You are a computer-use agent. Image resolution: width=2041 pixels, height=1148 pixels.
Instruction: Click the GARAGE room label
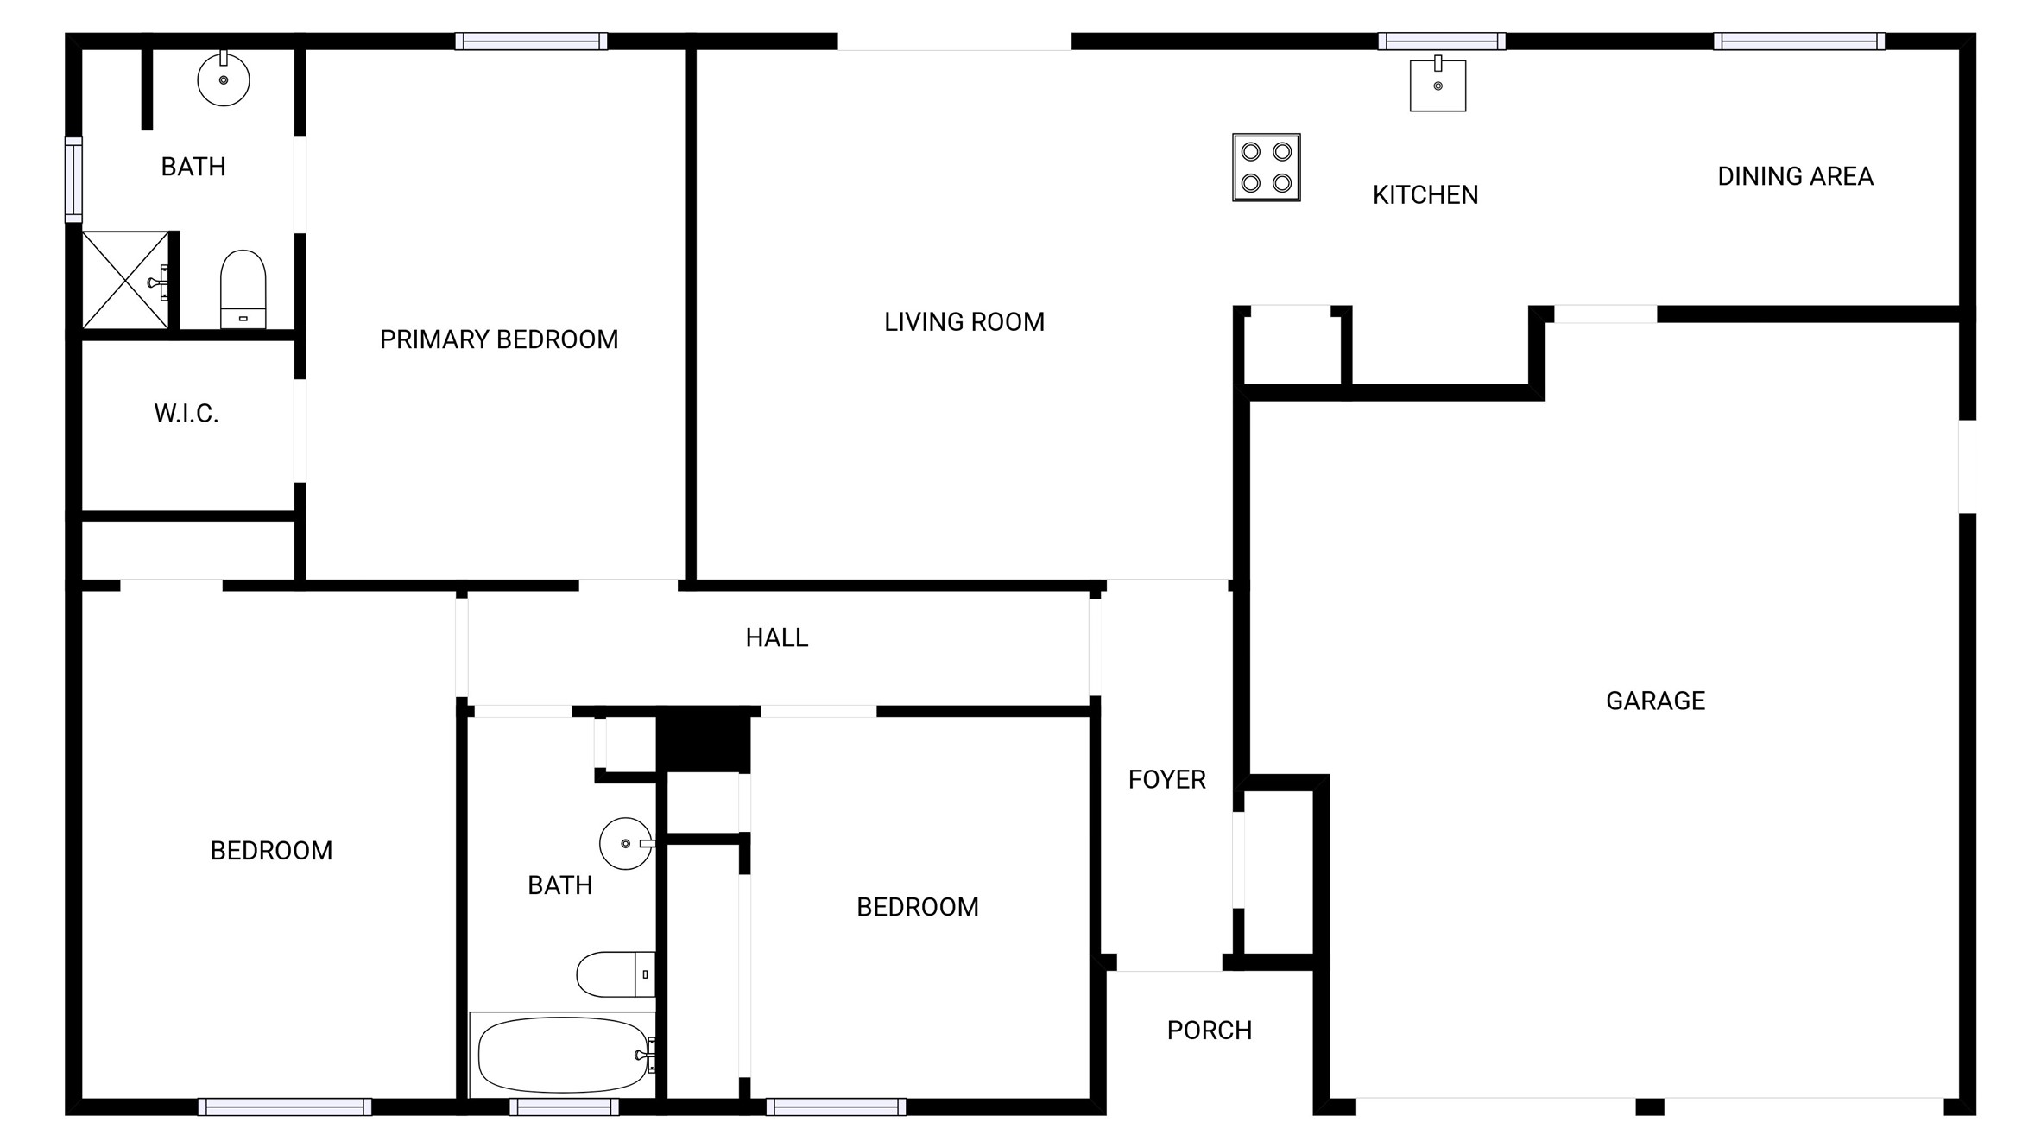click(x=1655, y=701)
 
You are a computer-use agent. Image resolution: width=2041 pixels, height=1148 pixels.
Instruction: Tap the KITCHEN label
click(x=1425, y=195)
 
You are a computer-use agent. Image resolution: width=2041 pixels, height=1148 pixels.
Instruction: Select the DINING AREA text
click(x=1795, y=176)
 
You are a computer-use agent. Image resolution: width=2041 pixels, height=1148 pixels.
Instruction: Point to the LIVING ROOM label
click(x=964, y=322)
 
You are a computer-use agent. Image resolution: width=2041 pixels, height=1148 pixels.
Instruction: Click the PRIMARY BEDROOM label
click(x=499, y=339)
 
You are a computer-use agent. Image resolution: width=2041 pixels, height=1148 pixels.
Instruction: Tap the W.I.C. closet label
click(x=186, y=414)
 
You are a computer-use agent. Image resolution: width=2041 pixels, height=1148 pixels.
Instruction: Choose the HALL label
click(x=777, y=637)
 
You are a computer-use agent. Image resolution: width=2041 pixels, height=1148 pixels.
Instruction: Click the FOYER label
click(x=1166, y=780)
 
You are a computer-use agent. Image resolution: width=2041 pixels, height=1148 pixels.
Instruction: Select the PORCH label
click(x=1209, y=1031)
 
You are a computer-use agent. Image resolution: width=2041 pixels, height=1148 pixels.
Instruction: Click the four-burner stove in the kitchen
click(x=1267, y=168)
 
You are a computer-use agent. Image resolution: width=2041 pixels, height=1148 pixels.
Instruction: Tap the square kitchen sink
click(x=1438, y=85)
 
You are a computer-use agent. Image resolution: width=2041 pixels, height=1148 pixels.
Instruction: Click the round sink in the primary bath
click(x=224, y=79)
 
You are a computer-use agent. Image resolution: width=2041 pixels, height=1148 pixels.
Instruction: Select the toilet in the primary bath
click(x=243, y=289)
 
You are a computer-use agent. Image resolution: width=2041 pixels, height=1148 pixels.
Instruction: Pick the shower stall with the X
click(x=126, y=280)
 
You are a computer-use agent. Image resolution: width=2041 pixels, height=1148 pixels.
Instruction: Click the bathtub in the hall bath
click(x=563, y=1055)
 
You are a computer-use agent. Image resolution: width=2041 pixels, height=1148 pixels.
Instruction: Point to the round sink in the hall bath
click(x=627, y=843)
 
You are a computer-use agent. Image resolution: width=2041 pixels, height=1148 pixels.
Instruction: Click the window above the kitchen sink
click(x=1442, y=41)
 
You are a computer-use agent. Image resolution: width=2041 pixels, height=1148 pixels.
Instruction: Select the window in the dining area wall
click(x=1799, y=41)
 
